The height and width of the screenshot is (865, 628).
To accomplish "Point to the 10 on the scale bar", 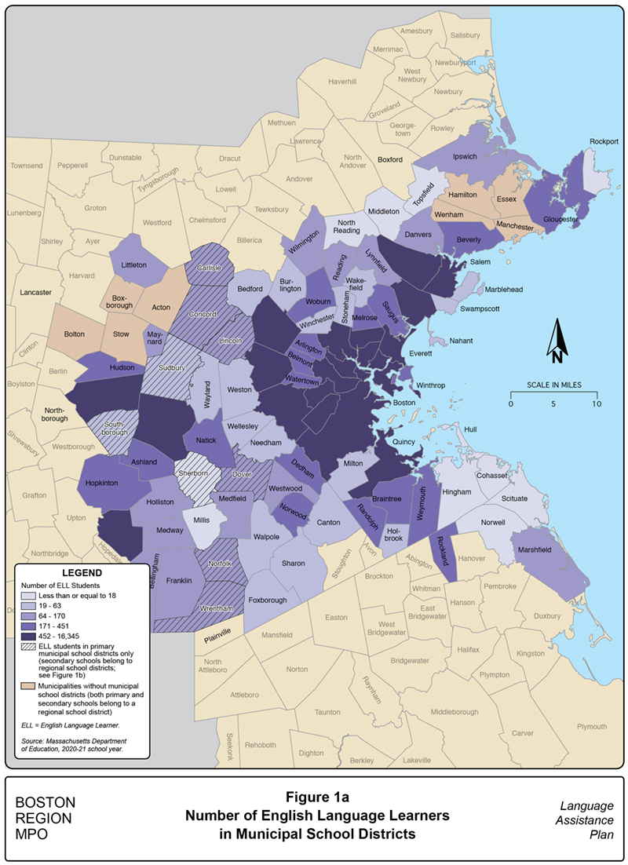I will click(597, 403).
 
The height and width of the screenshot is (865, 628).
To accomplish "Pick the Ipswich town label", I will click(464, 157).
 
